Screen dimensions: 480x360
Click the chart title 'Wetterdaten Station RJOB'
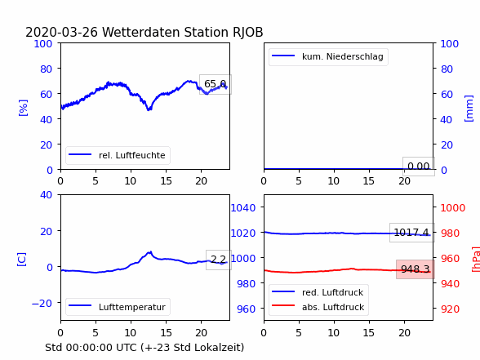[183, 33]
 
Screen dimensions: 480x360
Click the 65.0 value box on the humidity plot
[216, 84]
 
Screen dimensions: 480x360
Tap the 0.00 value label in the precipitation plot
[419, 167]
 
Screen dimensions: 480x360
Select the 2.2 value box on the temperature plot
[219, 260]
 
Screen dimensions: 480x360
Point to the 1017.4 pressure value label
[411, 233]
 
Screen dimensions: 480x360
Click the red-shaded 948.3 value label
[416, 269]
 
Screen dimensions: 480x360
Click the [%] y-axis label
[23, 108]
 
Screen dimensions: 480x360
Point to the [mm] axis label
[469, 109]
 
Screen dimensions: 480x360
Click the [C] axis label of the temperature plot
[22, 260]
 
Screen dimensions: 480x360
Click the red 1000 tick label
[453, 208]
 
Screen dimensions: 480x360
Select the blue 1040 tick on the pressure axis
[243, 208]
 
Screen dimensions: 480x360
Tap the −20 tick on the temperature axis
[42, 303]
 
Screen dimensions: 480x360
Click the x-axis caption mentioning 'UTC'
[144, 348]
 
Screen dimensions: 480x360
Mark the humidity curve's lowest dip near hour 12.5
[149, 109]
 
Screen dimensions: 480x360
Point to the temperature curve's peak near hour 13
[150, 252]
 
